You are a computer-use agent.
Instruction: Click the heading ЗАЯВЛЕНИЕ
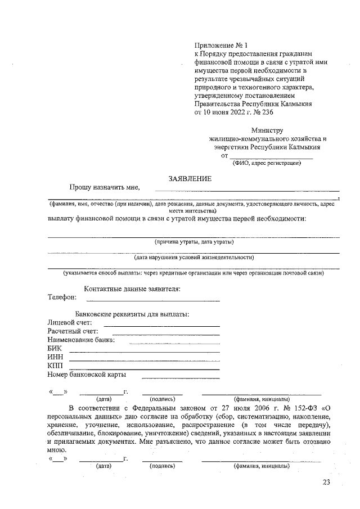[190, 178]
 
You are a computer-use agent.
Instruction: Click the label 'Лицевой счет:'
[70, 322]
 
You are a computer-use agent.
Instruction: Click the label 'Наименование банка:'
[82, 340]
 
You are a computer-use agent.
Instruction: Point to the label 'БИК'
[55, 349]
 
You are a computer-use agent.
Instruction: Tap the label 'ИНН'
[55, 357]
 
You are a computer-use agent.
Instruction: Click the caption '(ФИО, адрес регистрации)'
[267, 164]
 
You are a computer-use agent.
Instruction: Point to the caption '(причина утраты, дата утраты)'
[194, 242]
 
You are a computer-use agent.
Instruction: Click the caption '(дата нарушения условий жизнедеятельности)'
[193, 258]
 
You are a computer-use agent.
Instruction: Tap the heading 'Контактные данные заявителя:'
[132, 289]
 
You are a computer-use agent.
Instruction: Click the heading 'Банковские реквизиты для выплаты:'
[132, 313]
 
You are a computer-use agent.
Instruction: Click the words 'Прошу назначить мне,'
[105, 187]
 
